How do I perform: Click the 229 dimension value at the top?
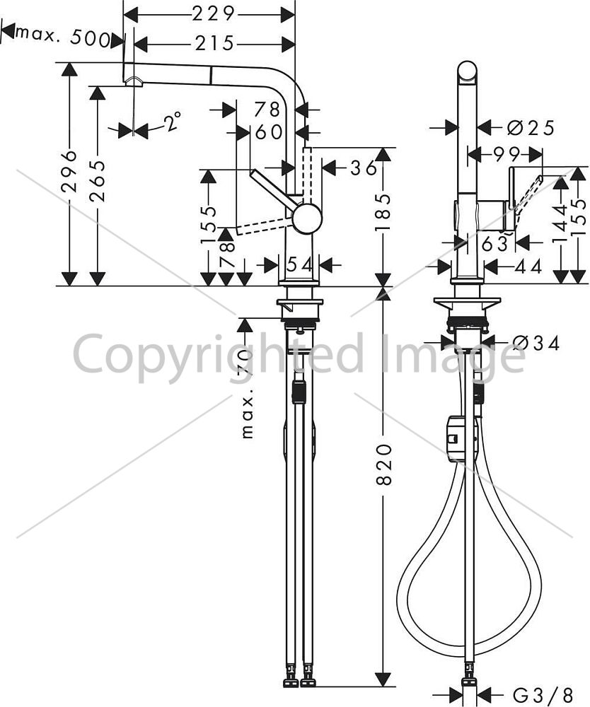pyautogui.click(x=214, y=14)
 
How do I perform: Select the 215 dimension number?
pyautogui.click(x=215, y=43)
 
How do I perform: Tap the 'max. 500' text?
pyautogui.click(x=62, y=36)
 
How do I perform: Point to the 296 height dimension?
pyautogui.click(x=70, y=171)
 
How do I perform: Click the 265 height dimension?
pyautogui.click(x=98, y=180)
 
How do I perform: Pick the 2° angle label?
pyautogui.click(x=172, y=122)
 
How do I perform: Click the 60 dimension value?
pyautogui.click(x=269, y=132)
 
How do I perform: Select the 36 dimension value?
pyautogui.click(x=364, y=168)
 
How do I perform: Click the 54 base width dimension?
pyautogui.click(x=299, y=264)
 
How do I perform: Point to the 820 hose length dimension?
pyautogui.click(x=384, y=464)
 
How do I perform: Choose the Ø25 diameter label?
pyautogui.click(x=531, y=129)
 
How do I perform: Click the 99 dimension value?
pyautogui.click(x=506, y=155)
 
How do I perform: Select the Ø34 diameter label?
pyautogui.click(x=536, y=344)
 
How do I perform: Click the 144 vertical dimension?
pyautogui.click(x=561, y=223)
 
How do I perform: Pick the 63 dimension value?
pyautogui.click(x=494, y=244)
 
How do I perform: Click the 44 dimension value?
pyautogui.click(x=528, y=267)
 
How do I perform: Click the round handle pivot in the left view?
pyautogui.click(x=307, y=218)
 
